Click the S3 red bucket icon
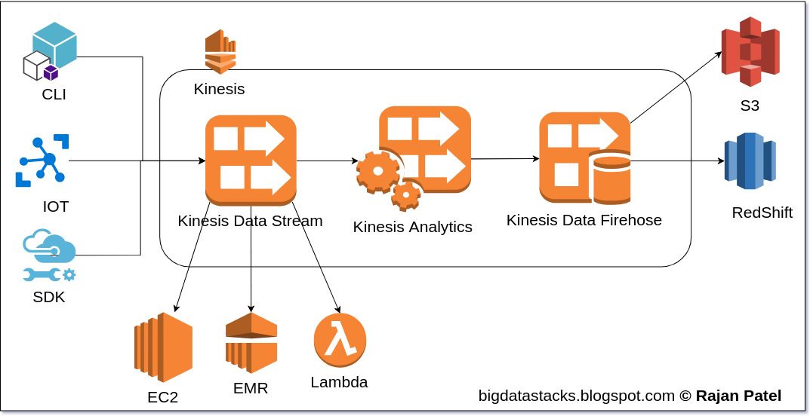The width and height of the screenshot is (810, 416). (x=750, y=51)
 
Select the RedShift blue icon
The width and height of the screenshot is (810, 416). (x=750, y=161)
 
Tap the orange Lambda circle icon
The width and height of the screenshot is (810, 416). (x=340, y=341)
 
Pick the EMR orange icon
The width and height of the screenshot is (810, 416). (x=251, y=343)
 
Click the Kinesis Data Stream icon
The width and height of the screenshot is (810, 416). (x=251, y=161)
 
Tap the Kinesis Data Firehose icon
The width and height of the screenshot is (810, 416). (x=584, y=158)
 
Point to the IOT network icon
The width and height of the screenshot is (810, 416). (x=43, y=161)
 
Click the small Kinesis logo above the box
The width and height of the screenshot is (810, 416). (x=220, y=52)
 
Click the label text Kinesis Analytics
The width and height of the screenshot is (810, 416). (x=412, y=227)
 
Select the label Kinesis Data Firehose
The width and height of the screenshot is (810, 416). (x=584, y=220)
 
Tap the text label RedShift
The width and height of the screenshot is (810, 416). (x=762, y=213)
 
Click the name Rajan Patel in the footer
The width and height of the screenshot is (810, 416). (x=738, y=396)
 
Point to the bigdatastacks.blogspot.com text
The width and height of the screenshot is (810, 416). (x=576, y=396)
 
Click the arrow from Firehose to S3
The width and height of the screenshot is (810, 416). (x=676, y=87)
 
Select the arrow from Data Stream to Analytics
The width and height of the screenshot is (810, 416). (x=327, y=161)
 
